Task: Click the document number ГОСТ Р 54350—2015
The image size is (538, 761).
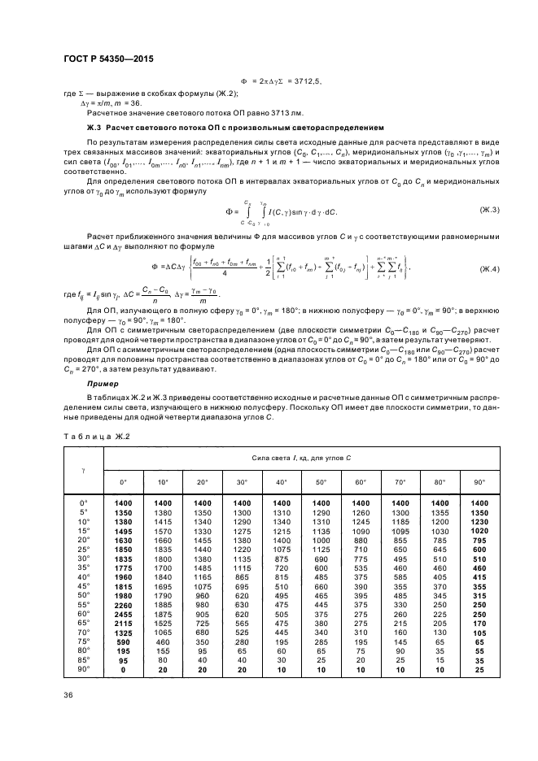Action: pyautogui.click(x=109, y=59)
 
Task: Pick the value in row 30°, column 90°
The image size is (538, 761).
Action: pyautogui.click(x=479, y=559)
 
